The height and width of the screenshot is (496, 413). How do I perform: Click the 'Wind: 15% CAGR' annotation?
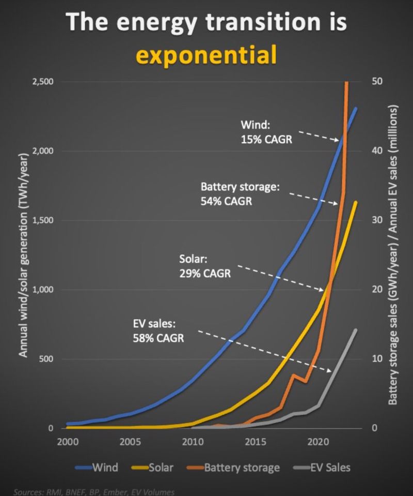tap(259, 132)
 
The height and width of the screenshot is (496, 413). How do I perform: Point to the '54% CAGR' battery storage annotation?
tap(226, 201)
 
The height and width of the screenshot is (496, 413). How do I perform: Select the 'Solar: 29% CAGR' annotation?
tap(204, 265)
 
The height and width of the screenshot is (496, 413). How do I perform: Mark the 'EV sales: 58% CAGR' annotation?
tap(158, 331)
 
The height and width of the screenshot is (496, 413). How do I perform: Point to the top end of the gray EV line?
tap(356, 329)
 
